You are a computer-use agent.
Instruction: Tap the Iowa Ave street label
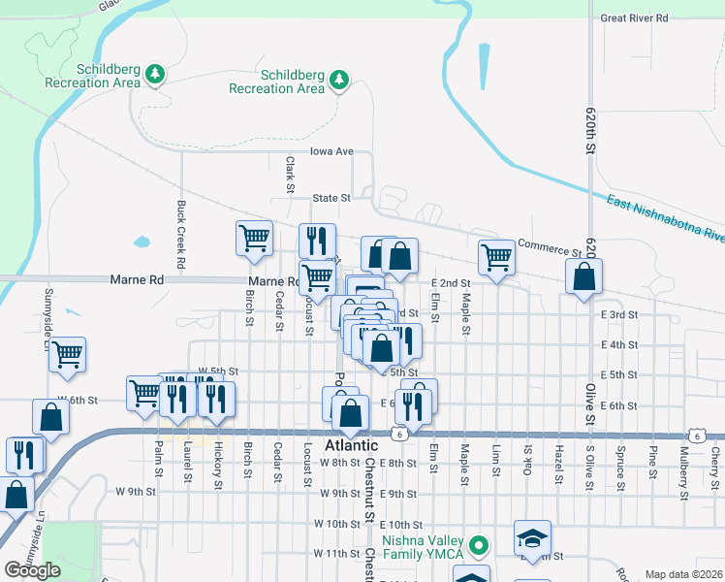(x=331, y=151)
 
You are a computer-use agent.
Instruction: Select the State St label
(x=331, y=198)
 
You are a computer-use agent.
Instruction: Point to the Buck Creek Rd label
(x=181, y=235)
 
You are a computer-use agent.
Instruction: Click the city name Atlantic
(x=351, y=445)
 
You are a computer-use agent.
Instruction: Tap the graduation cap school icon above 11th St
(x=532, y=536)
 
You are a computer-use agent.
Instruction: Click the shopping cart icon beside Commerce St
(x=495, y=258)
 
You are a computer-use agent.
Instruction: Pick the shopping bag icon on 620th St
(x=583, y=277)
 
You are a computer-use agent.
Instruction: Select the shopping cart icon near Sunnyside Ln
(x=67, y=355)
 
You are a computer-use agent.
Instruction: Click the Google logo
(x=32, y=570)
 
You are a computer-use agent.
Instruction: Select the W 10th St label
(x=337, y=524)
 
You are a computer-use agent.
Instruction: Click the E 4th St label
(x=618, y=344)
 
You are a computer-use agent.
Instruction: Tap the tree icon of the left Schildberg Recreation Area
(x=155, y=73)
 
